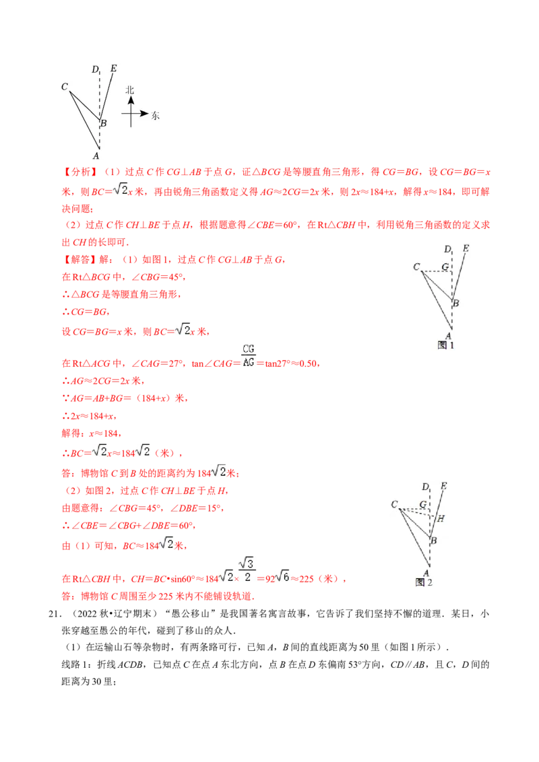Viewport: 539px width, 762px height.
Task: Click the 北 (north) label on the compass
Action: (130, 90)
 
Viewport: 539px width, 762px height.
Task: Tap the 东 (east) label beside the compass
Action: (156, 115)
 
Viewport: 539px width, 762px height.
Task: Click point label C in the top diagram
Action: (65, 86)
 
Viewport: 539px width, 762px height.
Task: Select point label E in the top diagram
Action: (113, 68)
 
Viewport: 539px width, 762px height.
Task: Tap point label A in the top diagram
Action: (96, 155)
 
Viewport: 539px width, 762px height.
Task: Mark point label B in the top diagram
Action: (103, 123)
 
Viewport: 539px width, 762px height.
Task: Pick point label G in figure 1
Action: (445, 267)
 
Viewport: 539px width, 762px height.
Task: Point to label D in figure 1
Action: (447, 250)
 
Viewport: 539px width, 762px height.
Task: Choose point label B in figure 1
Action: (456, 304)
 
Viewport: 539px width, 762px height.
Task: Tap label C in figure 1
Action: (416, 267)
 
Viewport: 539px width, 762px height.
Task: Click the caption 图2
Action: (424, 582)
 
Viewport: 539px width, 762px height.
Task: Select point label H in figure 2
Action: (441, 519)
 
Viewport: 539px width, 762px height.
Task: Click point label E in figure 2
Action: (443, 486)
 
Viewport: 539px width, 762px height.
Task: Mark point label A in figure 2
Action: (426, 573)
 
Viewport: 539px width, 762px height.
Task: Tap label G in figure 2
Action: (423, 504)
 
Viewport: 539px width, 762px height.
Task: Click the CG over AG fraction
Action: (248, 355)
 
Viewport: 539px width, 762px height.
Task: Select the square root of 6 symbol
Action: (283, 576)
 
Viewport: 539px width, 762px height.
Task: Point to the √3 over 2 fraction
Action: (247, 570)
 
